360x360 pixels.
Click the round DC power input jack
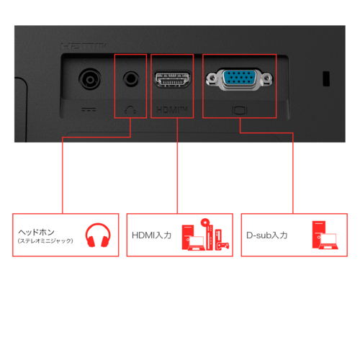tap(89, 79)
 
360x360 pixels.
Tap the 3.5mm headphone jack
tap(131, 78)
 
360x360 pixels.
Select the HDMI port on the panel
tap(172, 79)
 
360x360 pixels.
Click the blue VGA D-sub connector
tap(239, 78)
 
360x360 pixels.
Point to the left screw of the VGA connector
tap(212, 78)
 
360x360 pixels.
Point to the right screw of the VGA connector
tap(267, 78)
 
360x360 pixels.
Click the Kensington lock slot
tap(326, 78)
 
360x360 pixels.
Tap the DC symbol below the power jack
tap(89, 110)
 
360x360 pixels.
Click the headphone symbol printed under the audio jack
tap(130, 110)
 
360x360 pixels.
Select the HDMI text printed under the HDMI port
tap(171, 110)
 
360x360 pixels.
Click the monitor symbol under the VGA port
tap(240, 111)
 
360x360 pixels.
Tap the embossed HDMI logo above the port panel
tap(84, 47)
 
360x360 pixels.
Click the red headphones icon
tap(98, 235)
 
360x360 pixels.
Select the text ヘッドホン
tap(37, 232)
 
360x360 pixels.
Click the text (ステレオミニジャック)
tap(45, 240)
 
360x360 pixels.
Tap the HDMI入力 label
tap(152, 235)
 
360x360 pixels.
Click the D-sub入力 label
tap(267, 235)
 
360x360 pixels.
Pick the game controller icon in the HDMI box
tap(223, 246)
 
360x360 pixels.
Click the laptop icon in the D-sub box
tap(328, 241)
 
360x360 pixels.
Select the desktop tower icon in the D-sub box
tap(319, 235)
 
